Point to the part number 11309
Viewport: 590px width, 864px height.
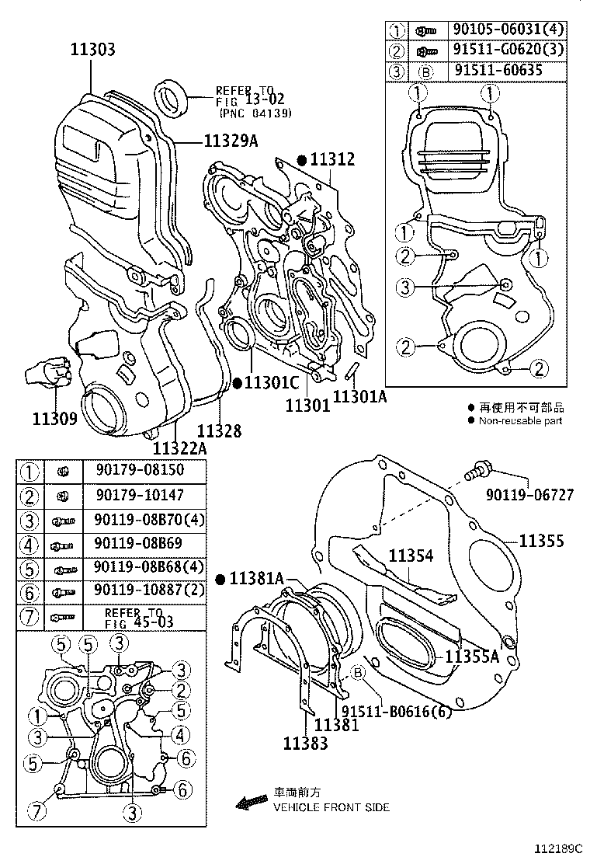click(x=54, y=419)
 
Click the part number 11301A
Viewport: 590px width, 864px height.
click(x=359, y=397)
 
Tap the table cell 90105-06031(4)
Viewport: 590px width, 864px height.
click(x=508, y=30)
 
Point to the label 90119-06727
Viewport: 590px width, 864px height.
click(x=531, y=494)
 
